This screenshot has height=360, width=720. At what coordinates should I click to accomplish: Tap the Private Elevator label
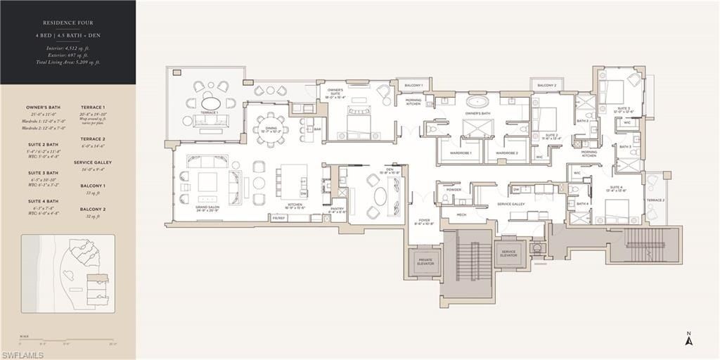point(425,262)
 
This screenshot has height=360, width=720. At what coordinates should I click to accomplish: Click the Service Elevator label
point(508,254)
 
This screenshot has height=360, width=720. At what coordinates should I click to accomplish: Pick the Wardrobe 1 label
point(461,153)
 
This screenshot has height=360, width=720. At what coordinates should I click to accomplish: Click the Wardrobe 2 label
point(506,153)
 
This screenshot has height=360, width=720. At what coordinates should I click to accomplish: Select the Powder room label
point(453,189)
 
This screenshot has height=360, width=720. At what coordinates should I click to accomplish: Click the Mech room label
point(461,214)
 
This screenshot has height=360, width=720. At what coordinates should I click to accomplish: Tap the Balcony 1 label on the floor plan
point(413,86)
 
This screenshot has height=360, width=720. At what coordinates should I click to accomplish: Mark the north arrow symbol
point(690,340)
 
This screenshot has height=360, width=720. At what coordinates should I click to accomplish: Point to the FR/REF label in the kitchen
point(278,218)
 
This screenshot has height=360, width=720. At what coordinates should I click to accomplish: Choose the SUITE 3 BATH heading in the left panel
point(43,172)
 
